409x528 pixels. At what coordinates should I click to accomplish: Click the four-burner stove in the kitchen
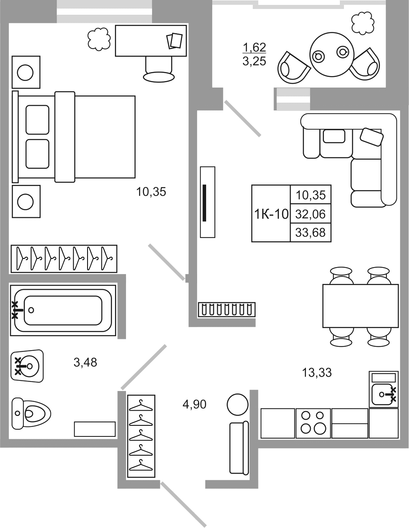tap(313, 423)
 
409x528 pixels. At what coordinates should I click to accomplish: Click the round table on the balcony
tap(331, 54)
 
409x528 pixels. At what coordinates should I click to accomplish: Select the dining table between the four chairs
tap(360, 306)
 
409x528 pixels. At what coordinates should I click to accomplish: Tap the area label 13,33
tap(317, 373)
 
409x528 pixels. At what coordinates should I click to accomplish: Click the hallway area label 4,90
tap(194, 404)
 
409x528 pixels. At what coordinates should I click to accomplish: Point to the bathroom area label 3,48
tap(85, 362)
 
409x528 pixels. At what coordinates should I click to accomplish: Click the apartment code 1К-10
tap(271, 214)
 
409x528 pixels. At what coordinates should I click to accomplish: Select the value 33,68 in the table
tap(310, 233)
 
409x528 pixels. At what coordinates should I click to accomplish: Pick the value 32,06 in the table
tap(310, 213)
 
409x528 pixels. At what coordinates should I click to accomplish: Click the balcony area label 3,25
tap(254, 61)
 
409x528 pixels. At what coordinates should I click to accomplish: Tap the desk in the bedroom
tap(151, 40)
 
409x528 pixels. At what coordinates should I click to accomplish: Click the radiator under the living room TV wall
tap(226, 309)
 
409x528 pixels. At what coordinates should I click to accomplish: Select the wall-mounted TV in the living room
tap(205, 202)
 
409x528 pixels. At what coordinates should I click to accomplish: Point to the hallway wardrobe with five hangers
tap(141, 436)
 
